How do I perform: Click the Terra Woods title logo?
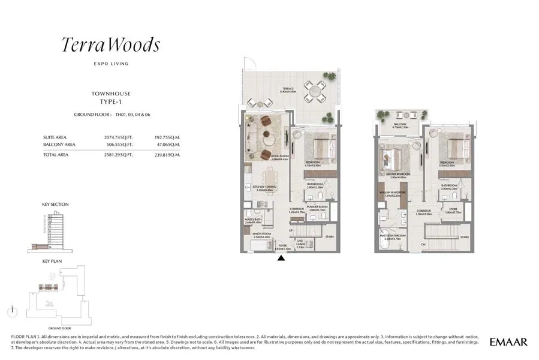point(111,45)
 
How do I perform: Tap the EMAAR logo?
point(508,342)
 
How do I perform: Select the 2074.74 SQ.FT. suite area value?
point(118,137)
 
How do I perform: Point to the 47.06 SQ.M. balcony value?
point(168,145)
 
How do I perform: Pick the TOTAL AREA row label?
point(56,155)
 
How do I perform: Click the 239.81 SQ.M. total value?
point(167,155)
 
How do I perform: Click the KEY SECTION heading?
point(55,205)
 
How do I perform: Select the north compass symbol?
point(11,311)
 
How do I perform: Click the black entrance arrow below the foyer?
point(281,258)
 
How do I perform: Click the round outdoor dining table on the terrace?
point(313,92)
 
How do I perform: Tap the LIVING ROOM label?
point(279,157)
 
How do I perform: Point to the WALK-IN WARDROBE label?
point(392,193)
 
